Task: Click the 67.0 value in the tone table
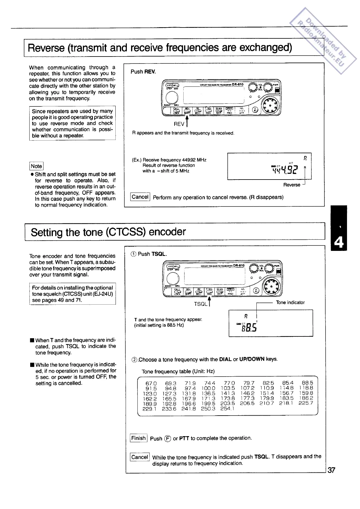(x=151, y=383)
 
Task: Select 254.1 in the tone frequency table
(x=227, y=409)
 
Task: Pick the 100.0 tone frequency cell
(x=208, y=388)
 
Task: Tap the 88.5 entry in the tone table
(x=307, y=383)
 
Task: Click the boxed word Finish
(x=139, y=438)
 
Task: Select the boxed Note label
(x=36, y=166)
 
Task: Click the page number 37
(x=331, y=470)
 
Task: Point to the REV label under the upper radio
(x=179, y=124)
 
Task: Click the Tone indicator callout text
(x=290, y=302)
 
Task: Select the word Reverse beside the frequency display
(x=292, y=185)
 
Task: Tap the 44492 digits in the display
(x=285, y=170)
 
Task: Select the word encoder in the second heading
(x=167, y=232)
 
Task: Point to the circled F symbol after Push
(x=168, y=439)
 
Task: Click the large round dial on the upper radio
(x=172, y=97)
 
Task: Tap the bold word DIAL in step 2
(x=225, y=359)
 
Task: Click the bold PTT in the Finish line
(x=184, y=438)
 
